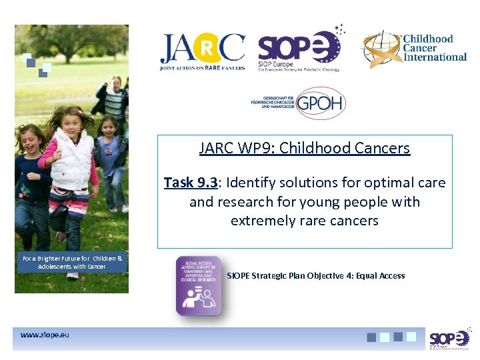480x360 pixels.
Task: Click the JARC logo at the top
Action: [202, 51]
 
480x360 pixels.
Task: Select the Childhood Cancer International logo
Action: [414, 48]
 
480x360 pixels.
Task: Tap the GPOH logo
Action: [295, 103]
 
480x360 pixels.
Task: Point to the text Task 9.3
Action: [189, 183]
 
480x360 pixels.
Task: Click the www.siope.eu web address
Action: [45, 334]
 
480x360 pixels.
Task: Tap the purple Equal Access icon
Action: [198, 285]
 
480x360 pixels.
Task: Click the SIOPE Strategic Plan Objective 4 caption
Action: [315, 275]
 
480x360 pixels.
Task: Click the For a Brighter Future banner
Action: [72, 262]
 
